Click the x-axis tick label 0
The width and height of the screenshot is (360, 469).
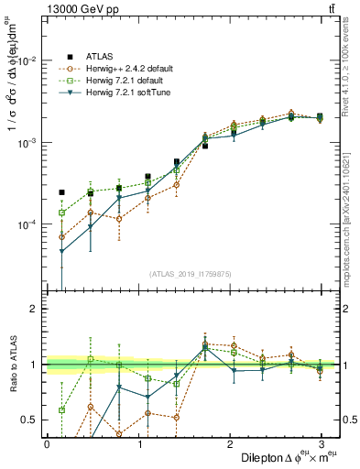click(47, 442)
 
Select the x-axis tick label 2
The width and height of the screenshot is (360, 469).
click(230, 442)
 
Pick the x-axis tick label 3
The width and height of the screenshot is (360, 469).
click(322, 442)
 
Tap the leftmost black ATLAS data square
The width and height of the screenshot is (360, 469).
click(61, 192)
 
